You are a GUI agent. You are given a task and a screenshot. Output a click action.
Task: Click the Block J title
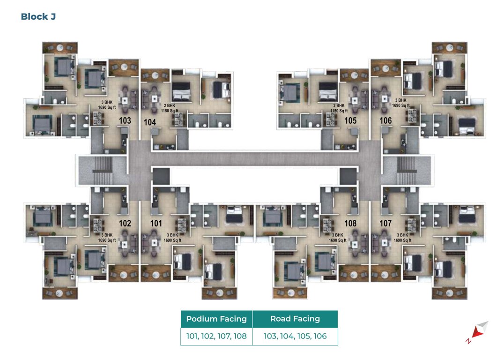(39, 17)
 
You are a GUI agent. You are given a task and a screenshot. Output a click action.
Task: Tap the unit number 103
(125, 120)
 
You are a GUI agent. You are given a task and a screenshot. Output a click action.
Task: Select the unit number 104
(150, 122)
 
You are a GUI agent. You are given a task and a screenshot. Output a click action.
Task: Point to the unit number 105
(350, 120)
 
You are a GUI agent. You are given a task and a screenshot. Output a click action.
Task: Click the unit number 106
(385, 120)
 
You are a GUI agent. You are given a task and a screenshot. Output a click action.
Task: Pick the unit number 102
(125, 224)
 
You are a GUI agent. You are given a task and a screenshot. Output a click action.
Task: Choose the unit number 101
(156, 224)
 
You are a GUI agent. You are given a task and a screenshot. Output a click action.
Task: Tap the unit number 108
(350, 224)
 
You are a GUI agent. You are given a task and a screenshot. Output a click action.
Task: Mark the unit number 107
(385, 224)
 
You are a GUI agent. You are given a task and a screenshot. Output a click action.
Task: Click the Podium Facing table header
(216, 319)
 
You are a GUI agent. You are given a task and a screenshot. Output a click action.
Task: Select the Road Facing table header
(295, 319)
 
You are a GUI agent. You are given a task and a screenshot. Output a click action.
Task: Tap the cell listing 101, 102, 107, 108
(216, 336)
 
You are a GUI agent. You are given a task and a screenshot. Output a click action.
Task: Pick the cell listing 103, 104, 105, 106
(295, 336)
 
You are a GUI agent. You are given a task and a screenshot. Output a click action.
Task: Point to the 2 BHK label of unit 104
(170, 106)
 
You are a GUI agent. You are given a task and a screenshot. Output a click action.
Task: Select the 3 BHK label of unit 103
(107, 101)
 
